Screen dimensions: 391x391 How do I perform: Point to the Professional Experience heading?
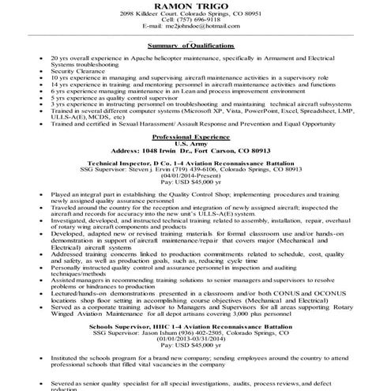click(195, 137)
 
